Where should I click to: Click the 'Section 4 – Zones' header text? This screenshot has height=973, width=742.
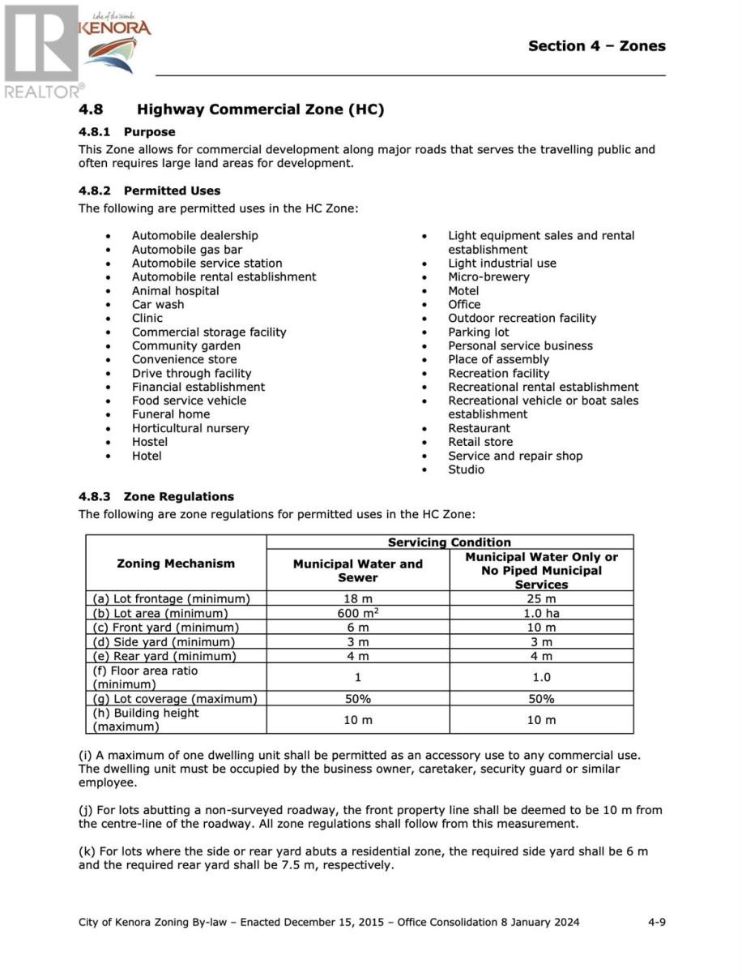click(596, 46)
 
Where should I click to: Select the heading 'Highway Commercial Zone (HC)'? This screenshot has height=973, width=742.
click(260, 109)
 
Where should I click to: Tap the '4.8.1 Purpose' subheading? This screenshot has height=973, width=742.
click(126, 131)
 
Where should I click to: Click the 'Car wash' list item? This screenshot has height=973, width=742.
click(158, 305)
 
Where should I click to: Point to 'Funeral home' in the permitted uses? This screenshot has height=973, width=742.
click(171, 414)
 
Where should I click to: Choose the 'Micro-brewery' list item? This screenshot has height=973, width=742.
click(488, 277)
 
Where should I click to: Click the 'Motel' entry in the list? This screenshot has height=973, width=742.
click(463, 291)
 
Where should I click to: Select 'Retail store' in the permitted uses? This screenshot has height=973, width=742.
click(480, 442)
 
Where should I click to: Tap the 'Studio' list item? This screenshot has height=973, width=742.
click(466, 469)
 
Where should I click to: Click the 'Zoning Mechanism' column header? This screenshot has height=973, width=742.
click(176, 564)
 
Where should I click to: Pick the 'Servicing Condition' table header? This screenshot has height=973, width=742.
click(450, 542)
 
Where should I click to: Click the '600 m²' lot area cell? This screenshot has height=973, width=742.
click(357, 614)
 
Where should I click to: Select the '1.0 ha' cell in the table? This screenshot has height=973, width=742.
click(541, 614)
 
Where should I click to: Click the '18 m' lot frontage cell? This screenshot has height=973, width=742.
click(357, 599)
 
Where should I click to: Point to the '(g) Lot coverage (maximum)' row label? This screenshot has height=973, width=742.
click(175, 699)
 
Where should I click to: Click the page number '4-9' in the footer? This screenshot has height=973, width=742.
click(656, 923)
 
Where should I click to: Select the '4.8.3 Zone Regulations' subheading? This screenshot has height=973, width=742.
click(156, 497)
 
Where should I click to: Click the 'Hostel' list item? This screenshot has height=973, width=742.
click(150, 442)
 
